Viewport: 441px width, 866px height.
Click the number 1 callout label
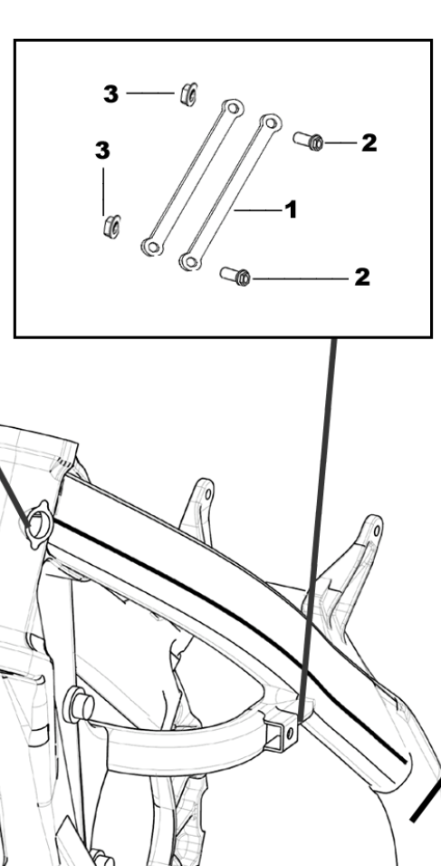click(291, 209)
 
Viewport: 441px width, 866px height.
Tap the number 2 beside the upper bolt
click(369, 143)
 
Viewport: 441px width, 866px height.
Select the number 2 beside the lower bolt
click(362, 277)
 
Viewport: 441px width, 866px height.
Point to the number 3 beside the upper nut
click(110, 94)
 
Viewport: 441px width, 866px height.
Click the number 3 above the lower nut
click(102, 151)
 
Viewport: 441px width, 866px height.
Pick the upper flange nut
click(188, 93)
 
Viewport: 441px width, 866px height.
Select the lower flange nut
click(112, 226)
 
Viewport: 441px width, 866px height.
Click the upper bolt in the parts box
click(308, 141)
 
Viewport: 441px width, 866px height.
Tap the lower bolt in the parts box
click(235, 275)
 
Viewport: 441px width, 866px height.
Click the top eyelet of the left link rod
click(233, 107)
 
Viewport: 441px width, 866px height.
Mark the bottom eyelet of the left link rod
click(151, 247)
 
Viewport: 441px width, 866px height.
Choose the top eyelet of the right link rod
click(270, 122)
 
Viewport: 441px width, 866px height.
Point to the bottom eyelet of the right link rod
click(190, 261)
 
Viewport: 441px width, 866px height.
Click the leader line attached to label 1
click(258, 209)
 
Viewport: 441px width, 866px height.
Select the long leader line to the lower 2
click(301, 279)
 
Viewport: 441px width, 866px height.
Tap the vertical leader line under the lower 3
click(103, 191)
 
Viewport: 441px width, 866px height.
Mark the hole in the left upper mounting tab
click(207, 493)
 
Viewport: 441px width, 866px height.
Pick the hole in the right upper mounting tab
click(377, 531)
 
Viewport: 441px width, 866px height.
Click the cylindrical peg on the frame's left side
click(78, 705)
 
